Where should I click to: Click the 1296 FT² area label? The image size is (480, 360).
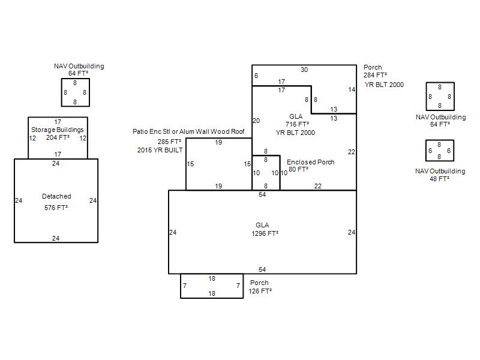click(265, 233)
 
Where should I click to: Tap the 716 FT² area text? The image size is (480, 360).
click(297, 124)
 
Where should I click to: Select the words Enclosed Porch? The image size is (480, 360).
click(310, 162)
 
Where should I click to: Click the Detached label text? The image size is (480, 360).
click(56, 196)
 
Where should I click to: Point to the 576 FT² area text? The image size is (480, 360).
click(56, 208)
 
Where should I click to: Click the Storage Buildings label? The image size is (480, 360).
click(57, 130)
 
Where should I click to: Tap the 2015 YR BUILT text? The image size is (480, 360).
click(160, 150)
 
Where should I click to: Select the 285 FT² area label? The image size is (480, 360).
click(169, 142)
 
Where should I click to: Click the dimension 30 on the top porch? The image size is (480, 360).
click(304, 70)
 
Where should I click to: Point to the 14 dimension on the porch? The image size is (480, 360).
click(352, 89)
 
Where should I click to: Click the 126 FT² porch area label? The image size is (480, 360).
click(260, 291)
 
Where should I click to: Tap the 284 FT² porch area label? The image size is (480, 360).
click(375, 76)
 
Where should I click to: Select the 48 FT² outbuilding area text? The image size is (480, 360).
click(439, 179)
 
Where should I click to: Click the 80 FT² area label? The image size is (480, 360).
click(298, 169)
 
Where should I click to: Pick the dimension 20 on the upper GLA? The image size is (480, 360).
click(256, 121)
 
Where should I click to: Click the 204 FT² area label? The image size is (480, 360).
click(58, 138)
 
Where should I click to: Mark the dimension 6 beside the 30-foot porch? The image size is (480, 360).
click(256, 76)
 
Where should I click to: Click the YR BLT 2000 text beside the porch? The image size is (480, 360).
click(384, 85)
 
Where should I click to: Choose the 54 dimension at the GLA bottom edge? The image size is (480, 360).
click(262, 269)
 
